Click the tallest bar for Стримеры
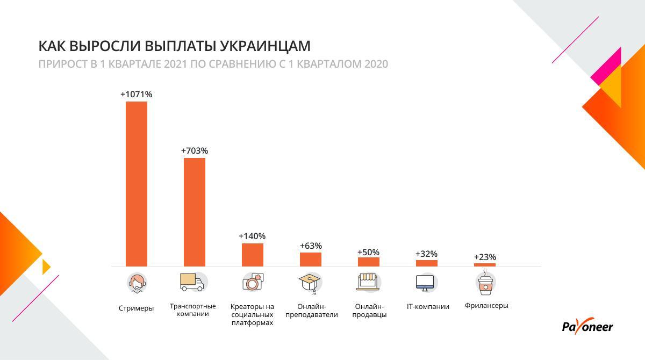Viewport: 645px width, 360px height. click(x=137, y=183)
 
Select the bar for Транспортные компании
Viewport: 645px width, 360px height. click(x=195, y=212)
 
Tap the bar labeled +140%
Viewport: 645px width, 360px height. click(x=253, y=255)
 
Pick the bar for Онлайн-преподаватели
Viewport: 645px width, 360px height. click(x=311, y=259)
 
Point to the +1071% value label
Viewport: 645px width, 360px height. click(x=137, y=95)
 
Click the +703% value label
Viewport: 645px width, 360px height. click(x=195, y=151)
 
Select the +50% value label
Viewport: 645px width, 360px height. click(x=368, y=252)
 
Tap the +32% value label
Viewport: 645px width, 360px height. click(x=426, y=254)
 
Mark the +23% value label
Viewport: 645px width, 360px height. click(x=485, y=257)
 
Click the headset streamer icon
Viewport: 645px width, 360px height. click(x=137, y=282)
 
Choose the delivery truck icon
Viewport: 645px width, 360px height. click(x=193, y=282)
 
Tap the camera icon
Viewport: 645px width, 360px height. click(x=253, y=282)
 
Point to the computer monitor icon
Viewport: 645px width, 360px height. click(x=427, y=283)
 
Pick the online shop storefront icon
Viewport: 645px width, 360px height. click(x=369, y=282)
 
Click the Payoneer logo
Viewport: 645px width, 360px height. click(x=587, y=327)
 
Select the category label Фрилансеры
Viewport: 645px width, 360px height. click(x=486, y=306)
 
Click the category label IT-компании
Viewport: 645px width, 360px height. click(x=428, y=307)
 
